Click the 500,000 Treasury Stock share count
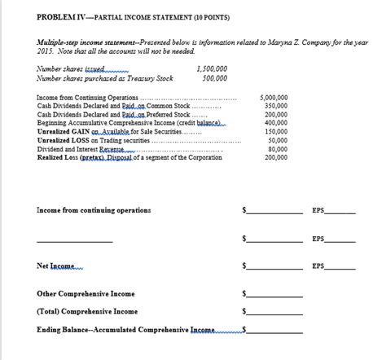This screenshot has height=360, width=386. pyautogui.click(x=214, y=78)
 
